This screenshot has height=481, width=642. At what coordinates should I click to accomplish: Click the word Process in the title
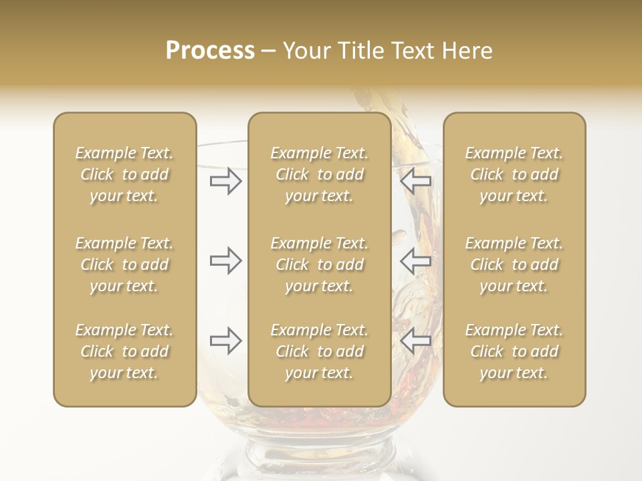tap(210, 51)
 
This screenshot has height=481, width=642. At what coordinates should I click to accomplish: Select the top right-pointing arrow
tap(226, 181)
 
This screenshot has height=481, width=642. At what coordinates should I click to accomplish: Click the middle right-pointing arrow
tap(226, 261)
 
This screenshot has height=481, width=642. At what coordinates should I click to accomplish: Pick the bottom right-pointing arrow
tap(226, 341)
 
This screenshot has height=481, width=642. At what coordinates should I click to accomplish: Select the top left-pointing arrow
tap(416, 181)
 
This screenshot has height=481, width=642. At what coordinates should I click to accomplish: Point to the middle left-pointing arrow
tap(416, 261)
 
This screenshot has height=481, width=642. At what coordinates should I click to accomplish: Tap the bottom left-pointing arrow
tap(416, 341)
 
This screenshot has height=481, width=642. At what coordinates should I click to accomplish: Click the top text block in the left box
tap(124, 174)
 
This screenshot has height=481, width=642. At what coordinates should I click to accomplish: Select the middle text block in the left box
tap(124, 265)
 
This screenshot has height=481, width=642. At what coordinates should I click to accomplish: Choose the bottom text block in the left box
tap(124, 351)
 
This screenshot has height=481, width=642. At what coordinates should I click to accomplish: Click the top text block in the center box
tap(319, 174)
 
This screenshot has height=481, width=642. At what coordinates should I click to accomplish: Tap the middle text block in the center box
tap(319, 265)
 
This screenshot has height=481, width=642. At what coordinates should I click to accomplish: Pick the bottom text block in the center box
tap(319, 351)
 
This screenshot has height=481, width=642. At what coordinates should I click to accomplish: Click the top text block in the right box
tap(514, 174)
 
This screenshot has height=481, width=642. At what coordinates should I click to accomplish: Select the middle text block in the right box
tap(514, 265)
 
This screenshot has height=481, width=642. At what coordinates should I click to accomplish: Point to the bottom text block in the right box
tap(514, 351)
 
